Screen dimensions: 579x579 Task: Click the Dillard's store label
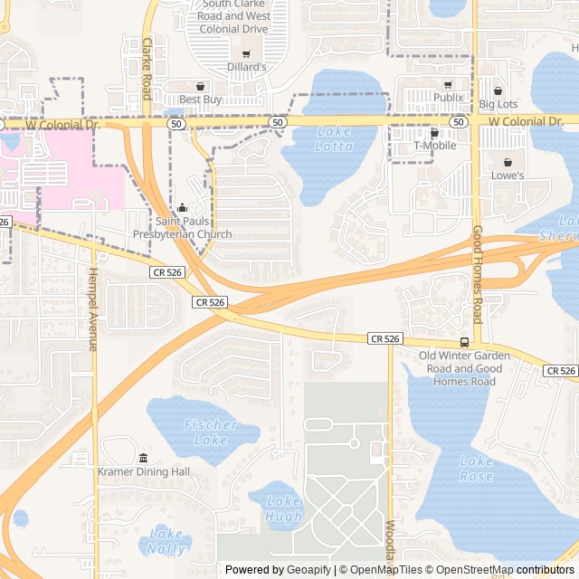[246, 67]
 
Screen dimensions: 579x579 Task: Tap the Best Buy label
[200, 99]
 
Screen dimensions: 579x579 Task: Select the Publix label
[448, 97]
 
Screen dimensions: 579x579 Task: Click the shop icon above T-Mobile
[434, 133]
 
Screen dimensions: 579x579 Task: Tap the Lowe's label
[508, 175]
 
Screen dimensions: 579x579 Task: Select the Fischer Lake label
[211, 432]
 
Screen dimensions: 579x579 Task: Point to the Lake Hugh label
[283, 508]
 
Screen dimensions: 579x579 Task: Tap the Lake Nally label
[166, 542]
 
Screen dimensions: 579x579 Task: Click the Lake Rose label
[476, 469]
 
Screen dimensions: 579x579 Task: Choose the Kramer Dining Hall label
[144, 471]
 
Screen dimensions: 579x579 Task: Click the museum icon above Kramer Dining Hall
[144, 458]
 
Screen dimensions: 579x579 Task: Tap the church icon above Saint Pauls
[182, 207]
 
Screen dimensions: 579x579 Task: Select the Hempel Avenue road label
[92, 308]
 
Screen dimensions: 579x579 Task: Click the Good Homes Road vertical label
[478, 274]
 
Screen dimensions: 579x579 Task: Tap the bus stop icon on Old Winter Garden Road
[464, 342]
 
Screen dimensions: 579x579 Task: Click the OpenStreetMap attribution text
[470, 570]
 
